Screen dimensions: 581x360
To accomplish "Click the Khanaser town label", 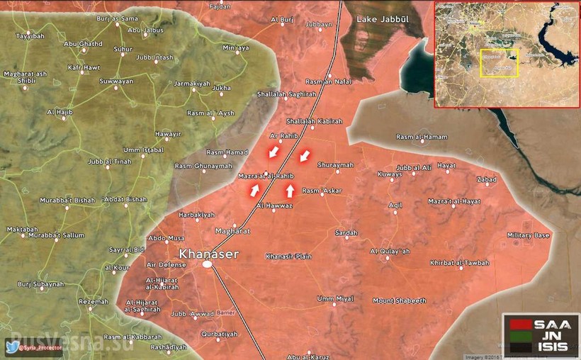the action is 209,254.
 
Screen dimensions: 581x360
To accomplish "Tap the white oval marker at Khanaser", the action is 208,264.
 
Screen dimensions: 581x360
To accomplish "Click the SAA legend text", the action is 554,323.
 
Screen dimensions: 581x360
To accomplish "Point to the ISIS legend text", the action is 554,348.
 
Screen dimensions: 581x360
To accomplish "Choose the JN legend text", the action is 554,336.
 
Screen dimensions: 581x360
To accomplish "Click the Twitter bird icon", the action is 13,347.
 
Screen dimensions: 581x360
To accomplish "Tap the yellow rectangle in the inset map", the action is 500,63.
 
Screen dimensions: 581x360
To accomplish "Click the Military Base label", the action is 528,235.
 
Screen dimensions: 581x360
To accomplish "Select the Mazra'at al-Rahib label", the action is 266,175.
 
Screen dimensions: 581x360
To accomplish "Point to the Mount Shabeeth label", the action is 400,300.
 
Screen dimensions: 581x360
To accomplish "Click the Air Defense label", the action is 166,264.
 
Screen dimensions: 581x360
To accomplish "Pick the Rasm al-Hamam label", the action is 421,137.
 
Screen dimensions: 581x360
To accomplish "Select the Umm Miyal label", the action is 335,298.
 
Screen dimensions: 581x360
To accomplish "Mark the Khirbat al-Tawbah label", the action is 459,263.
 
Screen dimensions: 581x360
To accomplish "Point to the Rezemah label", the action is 94,301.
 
